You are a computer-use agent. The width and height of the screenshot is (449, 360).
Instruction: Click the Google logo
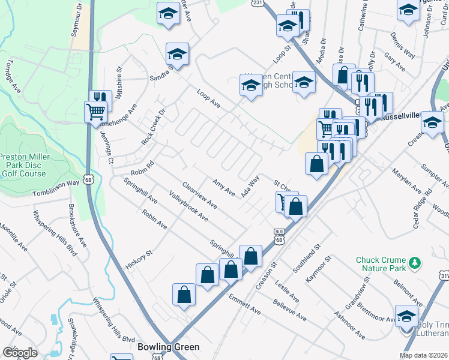pyautogui.click(x=20, y=353)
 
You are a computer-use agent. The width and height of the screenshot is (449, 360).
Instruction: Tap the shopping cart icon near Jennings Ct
pyautogui.click(x=96, y=112)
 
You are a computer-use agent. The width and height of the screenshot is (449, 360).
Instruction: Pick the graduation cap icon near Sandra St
pyautogui.click(x=177, y=54)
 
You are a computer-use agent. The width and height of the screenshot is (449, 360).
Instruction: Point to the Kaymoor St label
pyautogui.click(x=318, y=270)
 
